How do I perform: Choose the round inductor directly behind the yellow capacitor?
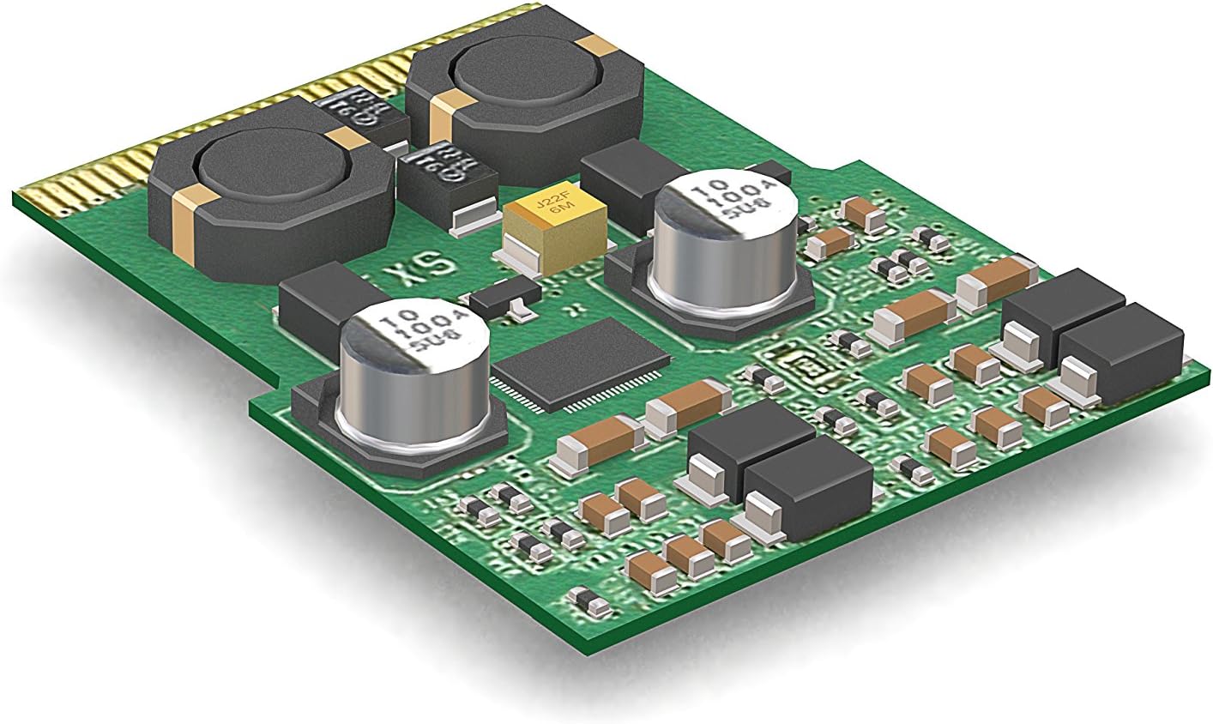click(x=523, y=94)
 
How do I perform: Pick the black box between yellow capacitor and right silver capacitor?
click(x=622, y=184)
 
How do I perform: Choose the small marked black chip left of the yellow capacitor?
click(x=446, y=176)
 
